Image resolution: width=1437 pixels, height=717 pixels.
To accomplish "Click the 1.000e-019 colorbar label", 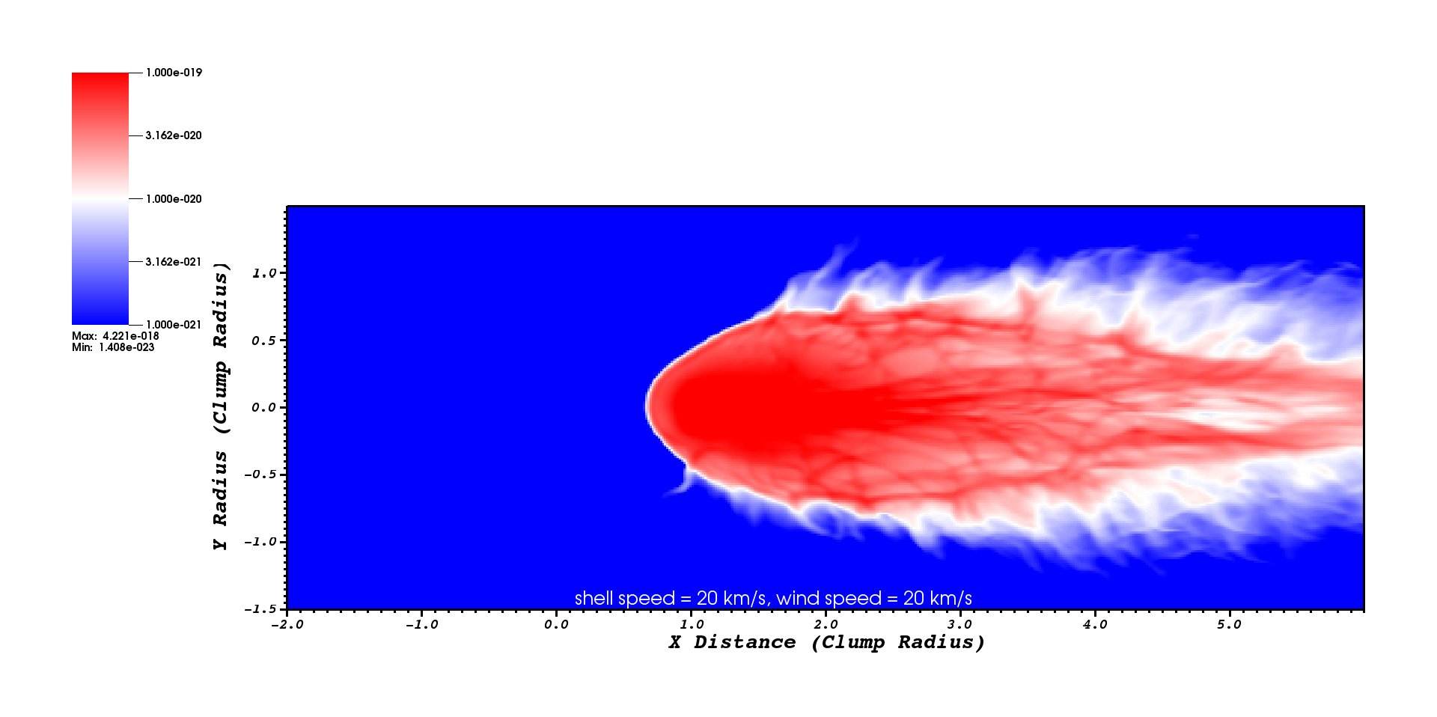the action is coord(174,73).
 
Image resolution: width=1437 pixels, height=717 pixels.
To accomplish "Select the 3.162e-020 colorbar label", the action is coord(174,135).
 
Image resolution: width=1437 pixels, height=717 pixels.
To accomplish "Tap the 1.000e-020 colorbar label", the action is coord(174,199).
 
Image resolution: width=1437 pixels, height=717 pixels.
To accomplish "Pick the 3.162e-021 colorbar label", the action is coord(174,262).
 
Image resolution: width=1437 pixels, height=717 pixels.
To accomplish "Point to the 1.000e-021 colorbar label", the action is coord(174,325).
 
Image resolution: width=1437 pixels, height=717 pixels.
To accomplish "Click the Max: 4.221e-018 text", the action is coord(115,336).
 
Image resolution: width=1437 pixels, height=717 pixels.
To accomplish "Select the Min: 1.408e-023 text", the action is coord(113,347).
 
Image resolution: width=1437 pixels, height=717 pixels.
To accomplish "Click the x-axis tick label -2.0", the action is coord(287,624).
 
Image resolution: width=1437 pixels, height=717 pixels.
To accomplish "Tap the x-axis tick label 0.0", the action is coord(556,624).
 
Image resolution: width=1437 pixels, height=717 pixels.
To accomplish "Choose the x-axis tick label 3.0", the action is coord(959,624).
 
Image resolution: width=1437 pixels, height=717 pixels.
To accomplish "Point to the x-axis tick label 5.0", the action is coord(1229,624).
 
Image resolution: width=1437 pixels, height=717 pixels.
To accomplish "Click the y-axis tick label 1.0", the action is coord(264,273).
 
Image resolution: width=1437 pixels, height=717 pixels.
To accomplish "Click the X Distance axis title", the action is coord(826,642).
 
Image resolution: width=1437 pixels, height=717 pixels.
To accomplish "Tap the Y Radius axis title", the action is coord(220,406).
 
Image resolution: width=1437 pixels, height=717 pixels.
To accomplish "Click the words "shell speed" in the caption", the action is coord(625,599).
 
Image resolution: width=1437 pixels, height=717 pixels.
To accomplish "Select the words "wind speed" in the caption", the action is coord(829,599).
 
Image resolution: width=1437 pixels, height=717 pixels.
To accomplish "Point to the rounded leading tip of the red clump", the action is coord(647,406).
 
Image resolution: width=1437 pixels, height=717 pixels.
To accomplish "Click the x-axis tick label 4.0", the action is coord(1094,624).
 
